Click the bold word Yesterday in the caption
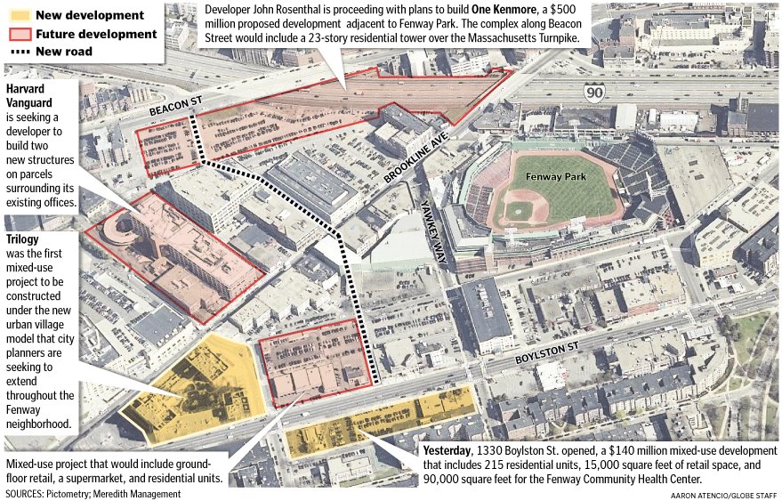point(452,449)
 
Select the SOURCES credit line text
point(87,492)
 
